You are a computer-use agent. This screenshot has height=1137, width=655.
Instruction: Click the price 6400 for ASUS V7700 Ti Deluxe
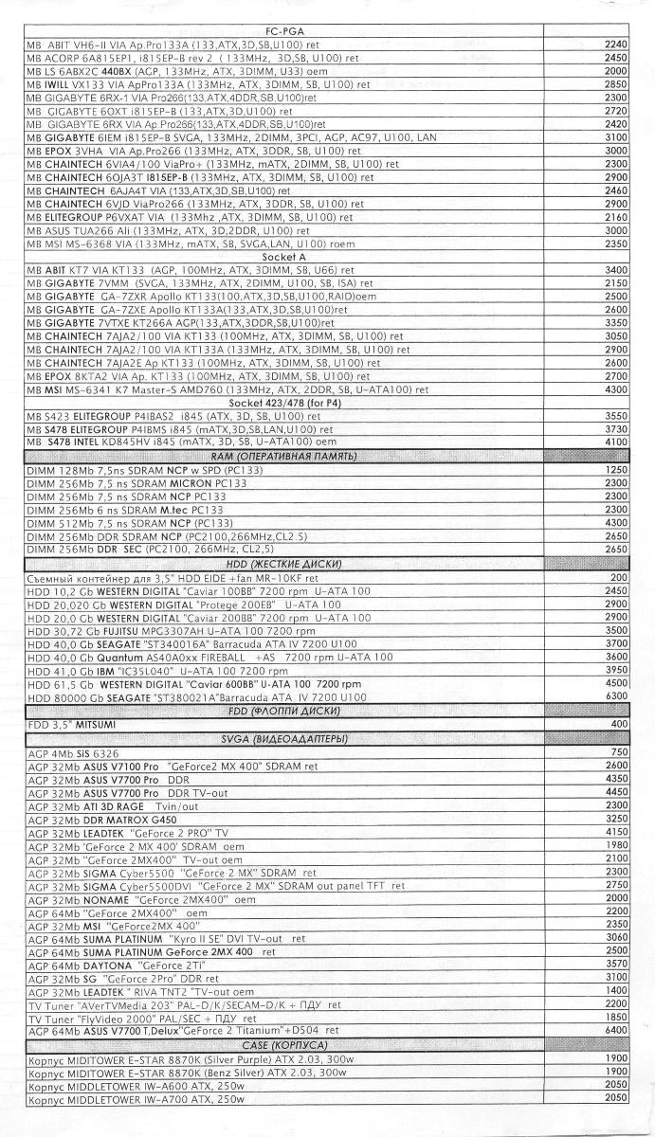tap(615, 1030)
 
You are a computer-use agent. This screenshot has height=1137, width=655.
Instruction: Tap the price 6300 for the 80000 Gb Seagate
tap(615, 696)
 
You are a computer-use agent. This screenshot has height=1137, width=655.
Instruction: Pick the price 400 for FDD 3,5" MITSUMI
tap(618, 724)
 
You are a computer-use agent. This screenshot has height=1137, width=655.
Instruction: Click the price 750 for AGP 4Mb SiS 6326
tap(618, 752)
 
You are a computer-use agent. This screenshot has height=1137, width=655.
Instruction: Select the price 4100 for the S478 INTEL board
tap(615, 442)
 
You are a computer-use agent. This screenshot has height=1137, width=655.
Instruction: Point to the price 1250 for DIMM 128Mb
tap(615, 470)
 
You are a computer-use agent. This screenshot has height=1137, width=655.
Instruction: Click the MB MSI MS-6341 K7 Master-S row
tap(227, 389)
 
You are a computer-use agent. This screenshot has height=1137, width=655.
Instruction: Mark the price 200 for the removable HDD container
tap(618, 577)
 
